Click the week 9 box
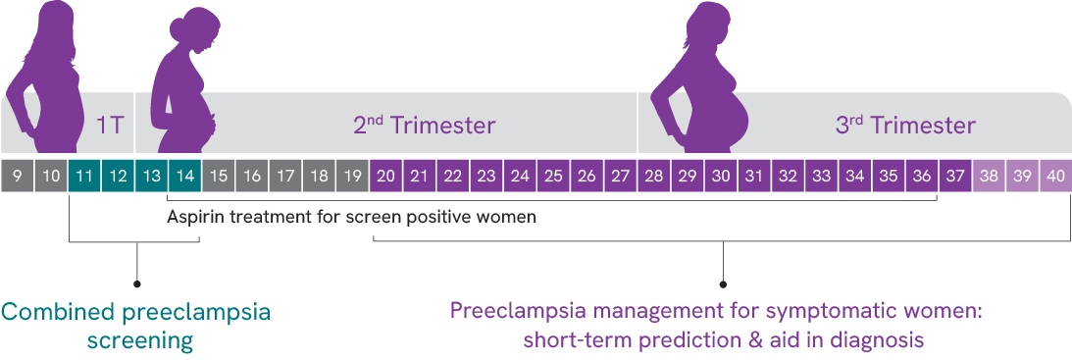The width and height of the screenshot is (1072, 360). [x=17, y=176]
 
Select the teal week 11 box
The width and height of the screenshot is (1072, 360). [x=83, y=176]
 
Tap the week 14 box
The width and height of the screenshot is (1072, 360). [x=184, y=176]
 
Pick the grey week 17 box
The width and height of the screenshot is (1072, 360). [x=285, y=176]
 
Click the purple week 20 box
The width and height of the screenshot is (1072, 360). [x=385, y=176]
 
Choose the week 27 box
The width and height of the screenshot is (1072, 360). [x=620, y=176]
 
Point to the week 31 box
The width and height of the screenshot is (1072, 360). [x=754, y=176]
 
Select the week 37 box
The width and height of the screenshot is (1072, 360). [x=955, y=176]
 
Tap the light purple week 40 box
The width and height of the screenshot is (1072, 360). [x=1055, y=176]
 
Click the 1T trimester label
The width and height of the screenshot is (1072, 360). [x=110, y=127]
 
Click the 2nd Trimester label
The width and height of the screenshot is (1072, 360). [x=424, y=126]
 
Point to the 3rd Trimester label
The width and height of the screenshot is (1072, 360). [x=905, y=126]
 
